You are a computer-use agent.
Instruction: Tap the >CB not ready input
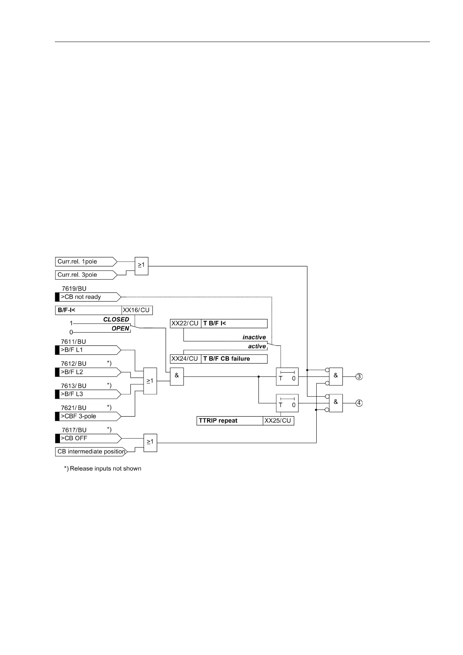[88, 297]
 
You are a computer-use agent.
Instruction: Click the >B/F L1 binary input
[88, 350]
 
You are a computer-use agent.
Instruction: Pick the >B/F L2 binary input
[88, 372]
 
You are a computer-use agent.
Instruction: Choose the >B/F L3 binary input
[88, 394]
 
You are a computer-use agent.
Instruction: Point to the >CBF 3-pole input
[88, 416]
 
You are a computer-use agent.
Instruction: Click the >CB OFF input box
[88, 438]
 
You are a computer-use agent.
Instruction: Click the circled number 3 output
[359, 377]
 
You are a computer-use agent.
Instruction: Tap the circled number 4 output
[359, 403]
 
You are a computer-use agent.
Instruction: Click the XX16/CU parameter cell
[136, 310]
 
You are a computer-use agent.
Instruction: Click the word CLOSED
[116, 319]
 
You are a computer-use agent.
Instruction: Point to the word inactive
[254, 337]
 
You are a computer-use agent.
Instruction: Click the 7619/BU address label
[74, 289]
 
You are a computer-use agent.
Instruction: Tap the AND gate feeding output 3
[336, 376]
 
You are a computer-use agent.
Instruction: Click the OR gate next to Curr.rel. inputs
[141, 266]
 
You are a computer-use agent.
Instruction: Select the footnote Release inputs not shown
[103, 468]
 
